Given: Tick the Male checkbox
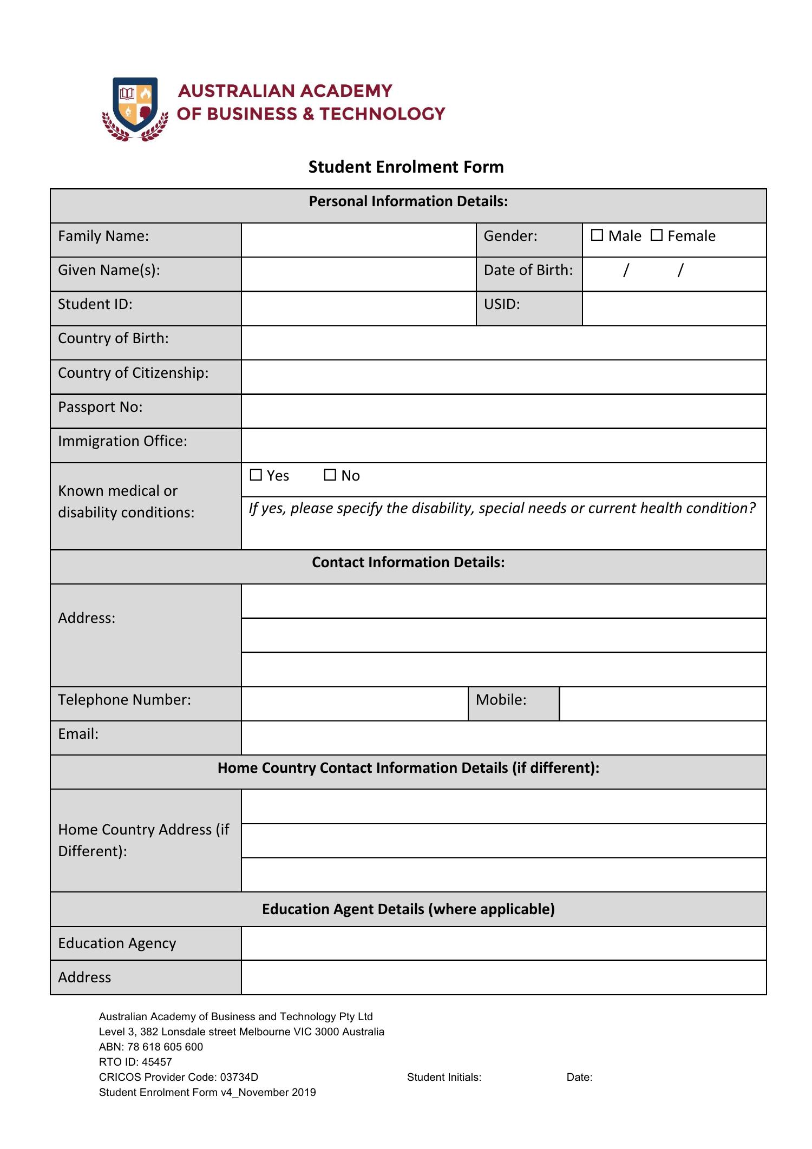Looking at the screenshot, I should (x=597, y=235).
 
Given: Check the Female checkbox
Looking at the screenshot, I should (x=656, y=235).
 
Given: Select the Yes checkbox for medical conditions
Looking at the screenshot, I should (x=256, y=475).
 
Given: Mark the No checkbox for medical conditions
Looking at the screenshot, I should (x=330, y=475).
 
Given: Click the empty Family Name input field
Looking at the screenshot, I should (x=358, y=240).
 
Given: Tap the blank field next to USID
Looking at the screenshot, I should (x=674, y=308).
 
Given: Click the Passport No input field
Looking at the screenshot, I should (x=503, y=411).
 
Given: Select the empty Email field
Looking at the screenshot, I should (x=503, y=738).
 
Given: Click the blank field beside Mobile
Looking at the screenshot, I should (x=663, y=704).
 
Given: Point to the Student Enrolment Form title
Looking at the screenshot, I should (x=406, y=167).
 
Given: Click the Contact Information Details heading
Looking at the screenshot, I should (x=408, y=562).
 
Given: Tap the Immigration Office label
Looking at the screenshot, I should (x=122, y=441).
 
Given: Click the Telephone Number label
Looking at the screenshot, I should (x=125, y=700).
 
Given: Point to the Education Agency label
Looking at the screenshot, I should (x=117, y=943).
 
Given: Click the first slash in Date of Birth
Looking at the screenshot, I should (x=626, y=270).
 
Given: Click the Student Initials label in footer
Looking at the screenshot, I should (x=444, y=1077).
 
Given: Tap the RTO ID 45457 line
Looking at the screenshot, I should (x=135, y=1062).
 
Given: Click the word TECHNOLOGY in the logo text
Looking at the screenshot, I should (x=382, y=114).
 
